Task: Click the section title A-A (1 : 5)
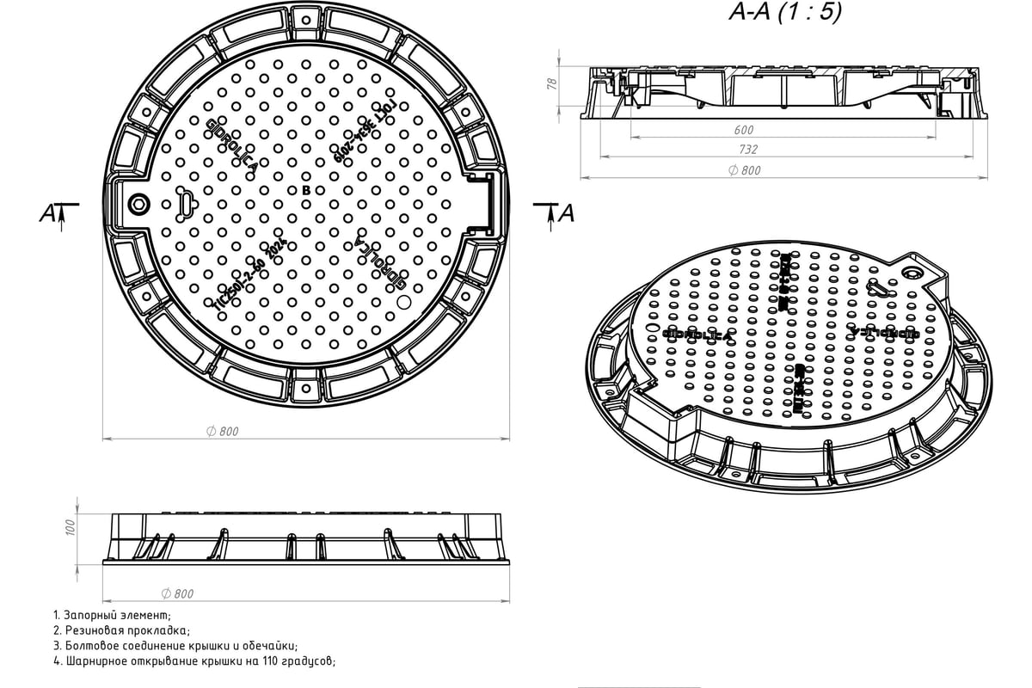[x=784, y=12]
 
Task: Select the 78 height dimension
[x=552, y=83]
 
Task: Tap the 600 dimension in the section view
[x=744, y=130]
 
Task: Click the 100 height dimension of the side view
[x=71, y=526]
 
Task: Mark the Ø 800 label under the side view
[x=178, y=593]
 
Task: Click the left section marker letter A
[x=47, y=214]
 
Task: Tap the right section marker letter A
[x=565, y=213]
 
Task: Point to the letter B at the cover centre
[x=305, y=189]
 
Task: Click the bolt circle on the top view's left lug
[x=138, y=204]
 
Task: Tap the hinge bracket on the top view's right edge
[x=484, y=203]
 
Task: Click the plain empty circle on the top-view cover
[x=405, y=301]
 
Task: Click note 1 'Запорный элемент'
[x=112, y=616]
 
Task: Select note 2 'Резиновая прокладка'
[x=120, y=630]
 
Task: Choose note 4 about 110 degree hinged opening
[x=193, y=661]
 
